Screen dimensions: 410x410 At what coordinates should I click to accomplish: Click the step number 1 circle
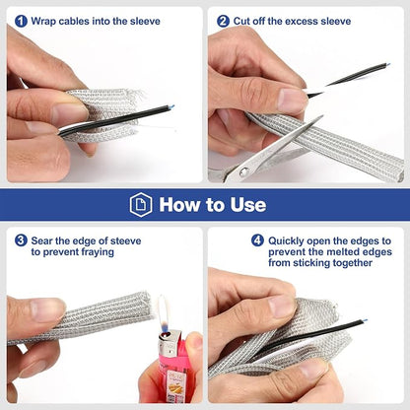point(21,22)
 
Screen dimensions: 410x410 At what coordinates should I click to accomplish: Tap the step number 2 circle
point(223,22)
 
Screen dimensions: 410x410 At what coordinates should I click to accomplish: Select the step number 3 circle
point(21,240)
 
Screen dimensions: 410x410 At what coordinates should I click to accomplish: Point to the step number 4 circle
point(257,240)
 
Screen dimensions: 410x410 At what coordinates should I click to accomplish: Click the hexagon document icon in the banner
point(141,205)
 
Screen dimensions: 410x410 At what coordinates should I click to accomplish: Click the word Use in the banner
point(248,205)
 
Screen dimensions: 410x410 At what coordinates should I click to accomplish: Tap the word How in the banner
point(179,205)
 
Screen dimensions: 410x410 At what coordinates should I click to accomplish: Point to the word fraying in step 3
point(98,252)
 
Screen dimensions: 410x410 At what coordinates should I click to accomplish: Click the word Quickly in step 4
point(286,241)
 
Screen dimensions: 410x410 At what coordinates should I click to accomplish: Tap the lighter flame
point(164,313)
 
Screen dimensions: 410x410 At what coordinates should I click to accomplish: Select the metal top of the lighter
point(170,342)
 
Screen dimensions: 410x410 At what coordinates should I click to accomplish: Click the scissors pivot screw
point(243,171)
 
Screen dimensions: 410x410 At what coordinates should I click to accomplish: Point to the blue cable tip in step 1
point(171,106)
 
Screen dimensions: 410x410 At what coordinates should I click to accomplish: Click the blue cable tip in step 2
point(388,64)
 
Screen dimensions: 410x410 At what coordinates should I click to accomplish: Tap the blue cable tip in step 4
point(365,320)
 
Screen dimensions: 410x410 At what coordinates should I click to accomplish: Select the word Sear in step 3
point(42,240)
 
